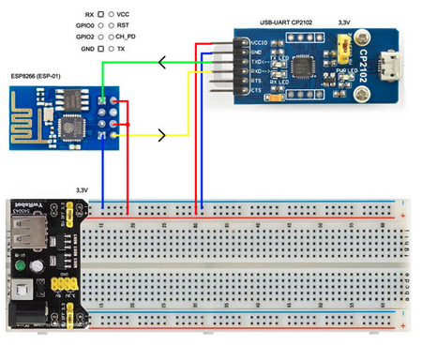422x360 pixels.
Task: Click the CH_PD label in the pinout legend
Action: (x=127, y=36)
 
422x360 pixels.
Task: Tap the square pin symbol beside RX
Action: (x=100, y=15)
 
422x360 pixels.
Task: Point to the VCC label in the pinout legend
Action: (x=123, y=15)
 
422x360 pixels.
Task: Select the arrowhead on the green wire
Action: (x=165, y=63)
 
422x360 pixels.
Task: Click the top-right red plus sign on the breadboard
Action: (x=402, y=217)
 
